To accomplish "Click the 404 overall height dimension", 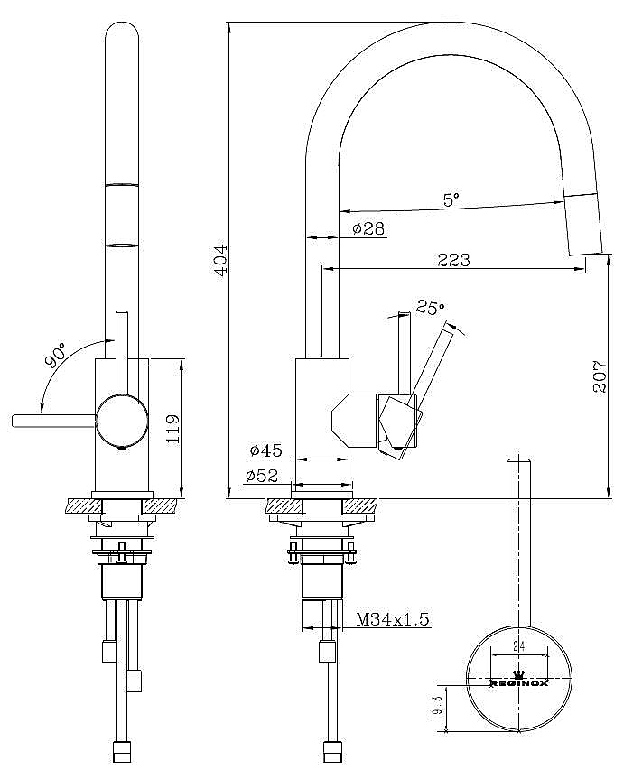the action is point(220,259).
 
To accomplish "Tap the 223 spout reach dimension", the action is point(453,260).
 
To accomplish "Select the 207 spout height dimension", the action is point(600,376).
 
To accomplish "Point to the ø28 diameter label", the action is point(368,228).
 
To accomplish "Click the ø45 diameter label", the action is point(265,450).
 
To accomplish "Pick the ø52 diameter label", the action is point(261,476).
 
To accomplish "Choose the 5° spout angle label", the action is point(451,199).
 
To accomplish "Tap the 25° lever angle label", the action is point(430,307).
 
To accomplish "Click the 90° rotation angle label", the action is point(56,355).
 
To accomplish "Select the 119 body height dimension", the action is point(172,428).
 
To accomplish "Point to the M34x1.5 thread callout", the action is point(393,619).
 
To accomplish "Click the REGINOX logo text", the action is point(519,683).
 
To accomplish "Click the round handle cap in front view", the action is point(122,422).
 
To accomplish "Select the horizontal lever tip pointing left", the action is point(14,421).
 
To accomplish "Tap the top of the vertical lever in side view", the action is point(405,314).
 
